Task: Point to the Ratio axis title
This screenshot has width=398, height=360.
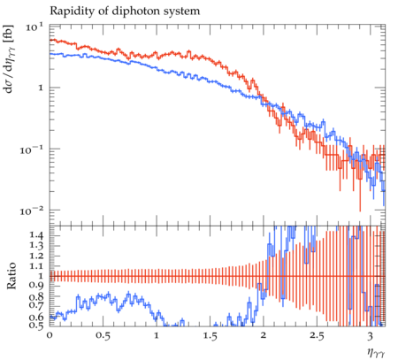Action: click(11, 276)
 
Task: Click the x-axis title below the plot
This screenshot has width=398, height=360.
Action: click(376, 352)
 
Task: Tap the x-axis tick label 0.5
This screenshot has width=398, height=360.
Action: click(103, 335)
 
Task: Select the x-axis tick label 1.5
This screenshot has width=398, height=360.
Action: click(210, 335)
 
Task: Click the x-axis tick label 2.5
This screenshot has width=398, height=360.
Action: click(317, 335)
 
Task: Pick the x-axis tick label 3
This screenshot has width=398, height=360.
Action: click(371, 335)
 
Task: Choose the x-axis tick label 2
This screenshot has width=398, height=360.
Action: click(264, 335)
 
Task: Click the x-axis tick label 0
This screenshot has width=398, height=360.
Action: click(50, 335)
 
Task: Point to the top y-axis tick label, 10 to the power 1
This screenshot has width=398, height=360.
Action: click(34, 27)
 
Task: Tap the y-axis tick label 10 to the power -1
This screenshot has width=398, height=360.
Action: click(32, 149)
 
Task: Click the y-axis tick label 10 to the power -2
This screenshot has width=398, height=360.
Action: click(32, 211)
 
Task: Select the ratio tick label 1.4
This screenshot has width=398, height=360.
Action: click(36, 235)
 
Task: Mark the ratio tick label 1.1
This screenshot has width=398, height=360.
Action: click(36, 266)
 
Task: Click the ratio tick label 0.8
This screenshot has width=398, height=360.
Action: click(36, 296)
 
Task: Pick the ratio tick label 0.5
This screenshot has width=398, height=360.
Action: click(36, 326)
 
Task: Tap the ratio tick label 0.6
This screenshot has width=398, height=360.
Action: click(36, 318)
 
